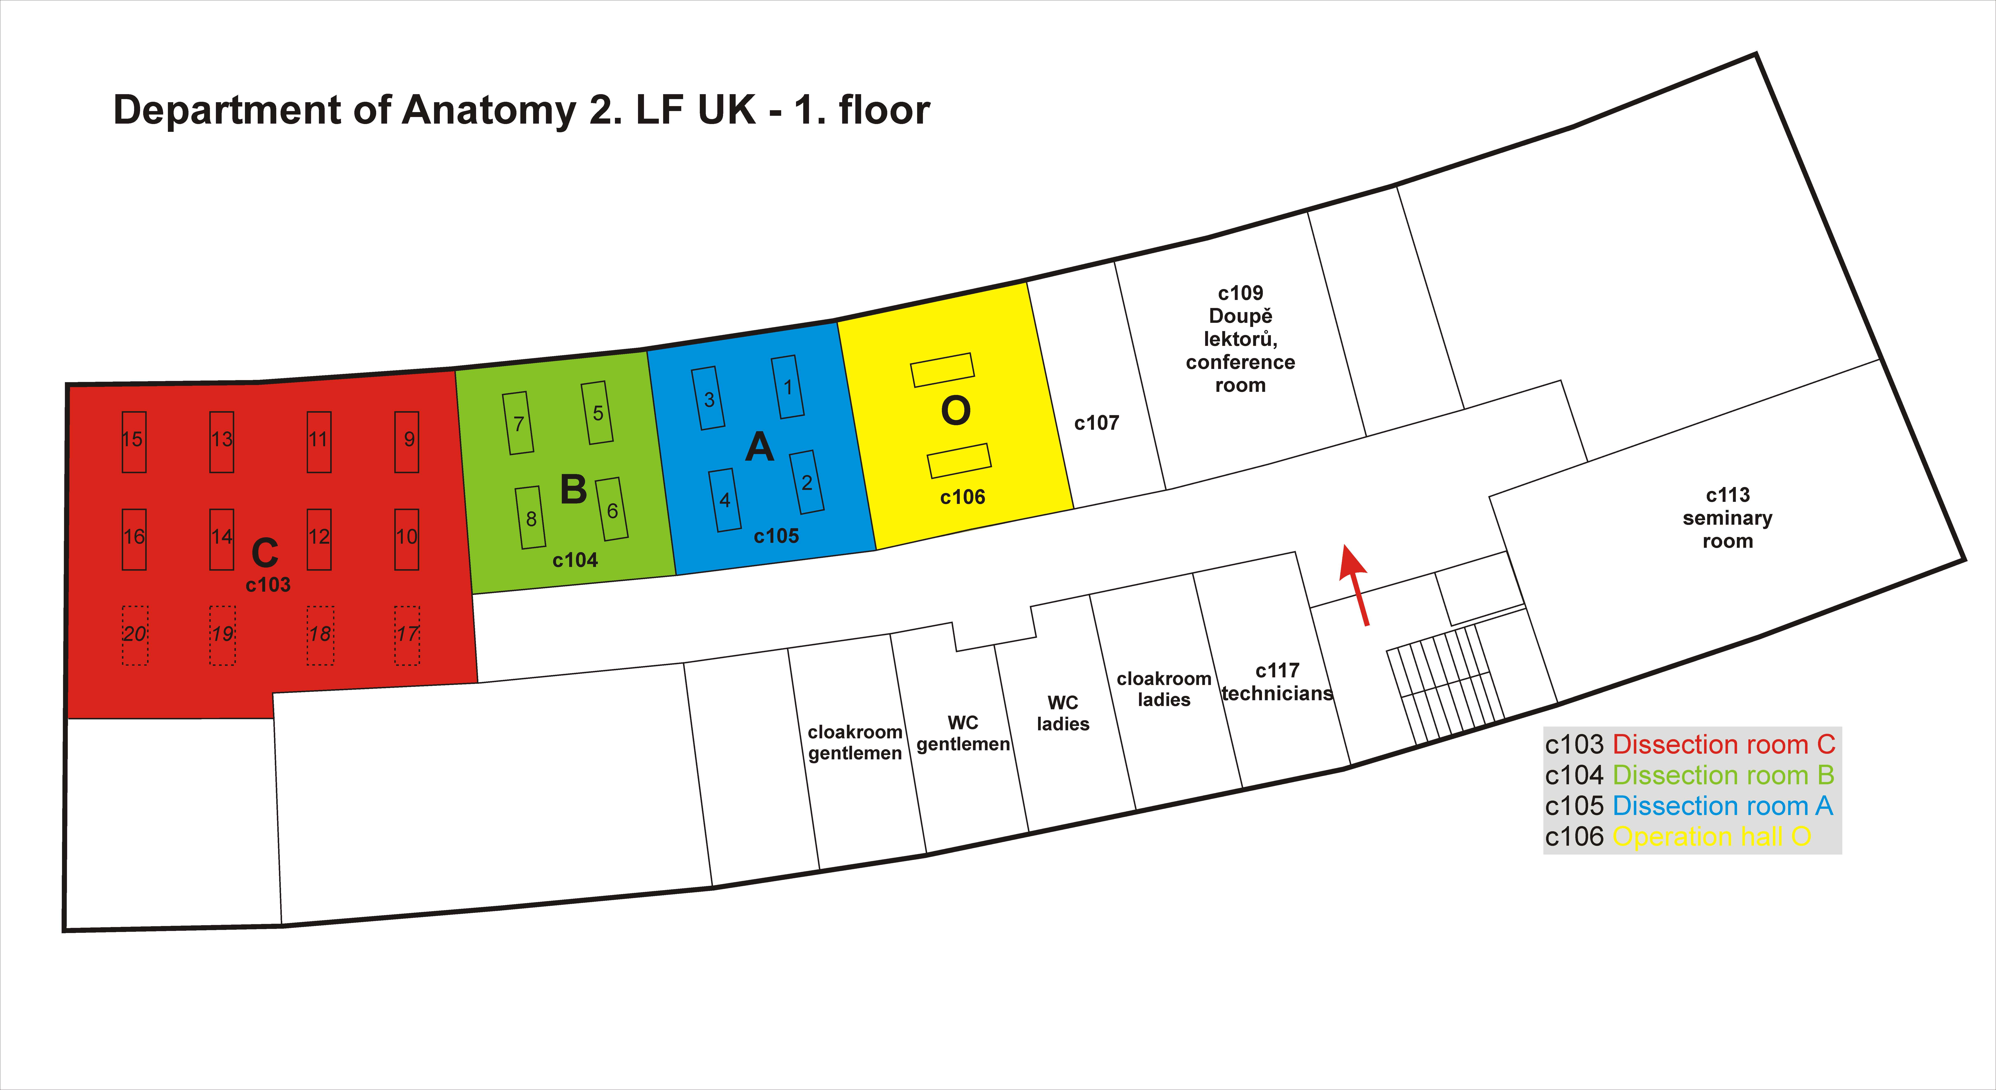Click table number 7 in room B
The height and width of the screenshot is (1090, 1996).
click(518, 423)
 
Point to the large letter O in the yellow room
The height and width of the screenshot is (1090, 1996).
click(955, 411)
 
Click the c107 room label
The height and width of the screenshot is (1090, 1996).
click(1096, 423)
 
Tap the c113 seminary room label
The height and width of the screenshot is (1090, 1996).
click(1727, 517)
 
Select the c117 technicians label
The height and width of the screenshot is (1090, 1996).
click(1277, 682)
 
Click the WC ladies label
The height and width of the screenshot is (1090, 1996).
click(1063, 713)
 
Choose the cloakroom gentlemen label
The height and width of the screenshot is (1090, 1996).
click(855, 742)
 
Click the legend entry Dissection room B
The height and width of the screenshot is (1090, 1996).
click(1723, 775)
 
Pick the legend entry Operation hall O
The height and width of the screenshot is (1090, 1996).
click(1712, 837)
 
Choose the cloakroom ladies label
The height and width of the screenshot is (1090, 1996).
click(1164, 689)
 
